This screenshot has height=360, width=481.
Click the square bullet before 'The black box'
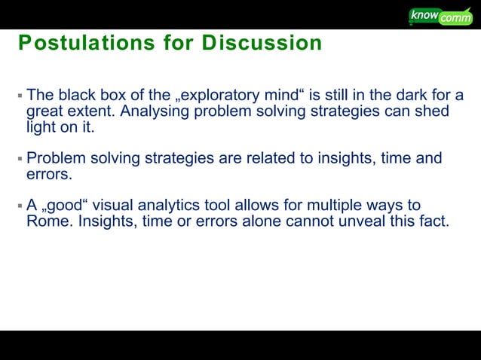20,97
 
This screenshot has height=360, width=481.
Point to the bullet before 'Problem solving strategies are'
20,160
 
